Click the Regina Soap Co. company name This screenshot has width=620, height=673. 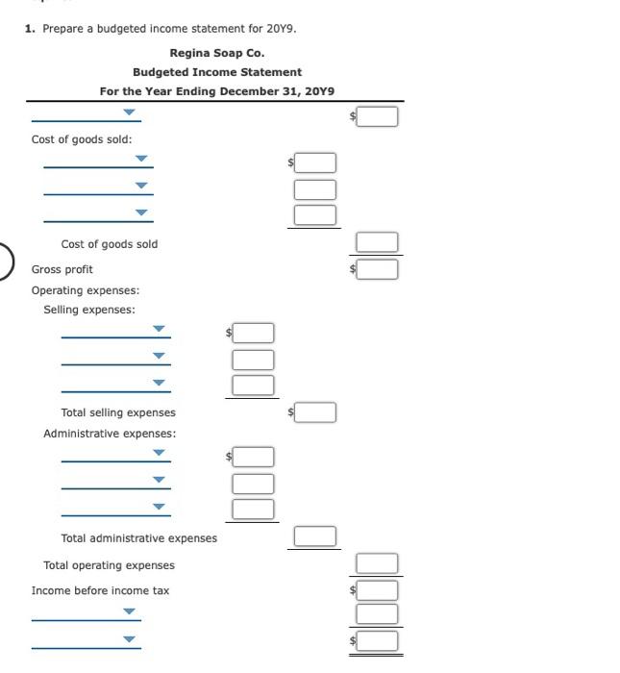coord(216,53)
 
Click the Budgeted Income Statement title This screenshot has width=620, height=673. coord(216,72)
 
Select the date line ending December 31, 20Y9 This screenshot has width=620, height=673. coord(216,91)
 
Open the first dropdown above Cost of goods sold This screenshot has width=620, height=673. coord(87,114)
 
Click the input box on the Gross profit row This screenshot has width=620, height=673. coord(379,270)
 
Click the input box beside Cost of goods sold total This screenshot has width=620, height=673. coord(379,242)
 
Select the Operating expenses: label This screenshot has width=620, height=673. coord(86,290)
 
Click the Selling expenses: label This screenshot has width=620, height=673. coord(89,310)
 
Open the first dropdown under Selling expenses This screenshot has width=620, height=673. coord(115,332)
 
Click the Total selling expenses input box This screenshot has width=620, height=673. coord(317,412)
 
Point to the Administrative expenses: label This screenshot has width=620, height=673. coord(110,434)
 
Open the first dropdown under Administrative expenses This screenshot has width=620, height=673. coord(115,454)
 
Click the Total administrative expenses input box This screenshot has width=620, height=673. coord(317,536)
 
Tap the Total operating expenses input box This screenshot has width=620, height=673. coord(379,563)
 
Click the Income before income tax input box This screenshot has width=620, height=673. coord(379,589)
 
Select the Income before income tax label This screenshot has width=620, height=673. coord(100,590)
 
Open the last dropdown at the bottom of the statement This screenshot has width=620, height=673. coord(87,639)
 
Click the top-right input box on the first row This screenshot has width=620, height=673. coord(379,116)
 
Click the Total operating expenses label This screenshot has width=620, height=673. coord(109,565)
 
